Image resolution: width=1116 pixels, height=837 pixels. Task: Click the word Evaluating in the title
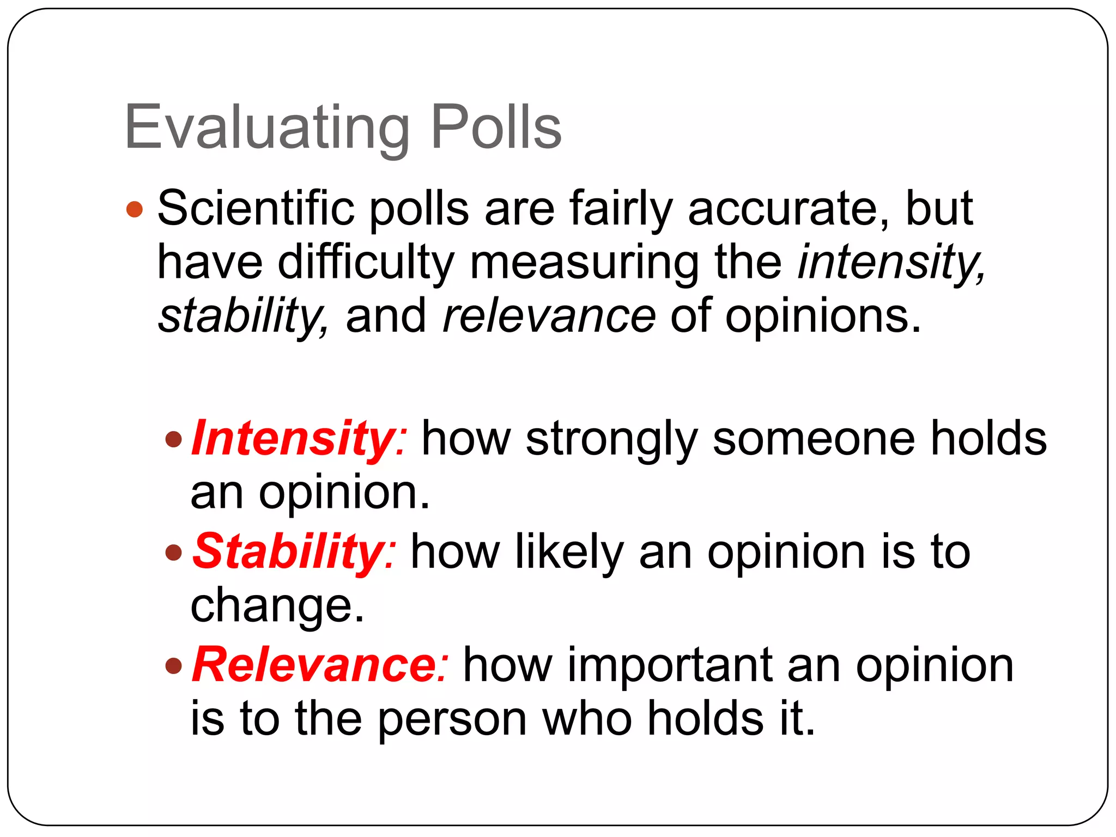(267, 129)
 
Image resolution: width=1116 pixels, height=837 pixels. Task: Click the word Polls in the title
(496, 128)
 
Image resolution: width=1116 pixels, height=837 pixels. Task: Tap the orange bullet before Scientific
(135, 209)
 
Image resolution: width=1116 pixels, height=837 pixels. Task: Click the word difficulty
(366, 263)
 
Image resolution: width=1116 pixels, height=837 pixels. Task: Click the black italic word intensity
(890, 263)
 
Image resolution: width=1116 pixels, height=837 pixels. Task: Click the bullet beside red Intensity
(173, 439)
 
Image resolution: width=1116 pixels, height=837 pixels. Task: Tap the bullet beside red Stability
(173, 552)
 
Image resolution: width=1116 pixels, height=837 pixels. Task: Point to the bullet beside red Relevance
(173, 665)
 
